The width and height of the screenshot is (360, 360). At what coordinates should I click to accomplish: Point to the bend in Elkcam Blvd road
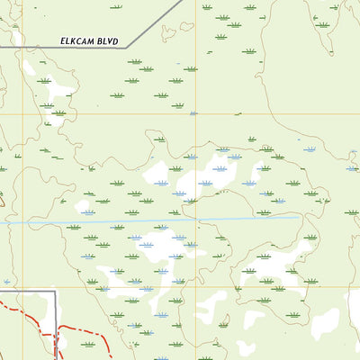[x=127, y=47]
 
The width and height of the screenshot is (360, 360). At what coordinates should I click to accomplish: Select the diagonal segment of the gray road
[x=155, y=22]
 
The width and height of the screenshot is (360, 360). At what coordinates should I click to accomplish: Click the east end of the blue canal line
[x=299, y=217]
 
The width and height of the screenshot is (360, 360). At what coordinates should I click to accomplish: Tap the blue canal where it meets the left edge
[x=2, y=221]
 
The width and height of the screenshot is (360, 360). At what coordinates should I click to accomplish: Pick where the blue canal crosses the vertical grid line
[x=194, y=218]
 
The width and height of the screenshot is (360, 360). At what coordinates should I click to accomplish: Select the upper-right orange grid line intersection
[x=194, y=114]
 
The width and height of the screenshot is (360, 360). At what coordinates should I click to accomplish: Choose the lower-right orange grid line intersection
[x=194, y=287]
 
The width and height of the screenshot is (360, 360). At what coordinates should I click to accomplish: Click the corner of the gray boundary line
[x=57, y=292]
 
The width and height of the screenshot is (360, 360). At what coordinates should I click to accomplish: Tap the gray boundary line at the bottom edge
[x=57, y=357]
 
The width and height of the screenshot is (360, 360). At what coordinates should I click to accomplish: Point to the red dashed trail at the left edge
[x=3, y=301]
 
